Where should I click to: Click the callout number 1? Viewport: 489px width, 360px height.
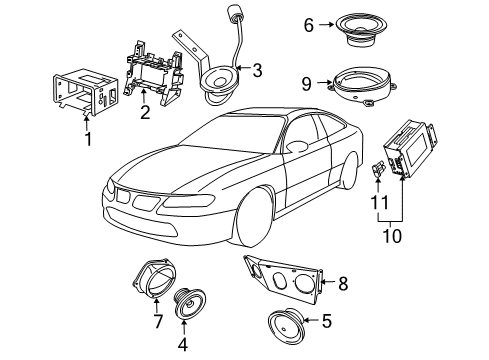(87, 139)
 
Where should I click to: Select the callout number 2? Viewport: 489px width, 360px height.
(145, 113)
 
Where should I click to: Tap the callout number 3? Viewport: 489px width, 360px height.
(257, 70)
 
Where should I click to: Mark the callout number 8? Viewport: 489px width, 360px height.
(344, 283)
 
